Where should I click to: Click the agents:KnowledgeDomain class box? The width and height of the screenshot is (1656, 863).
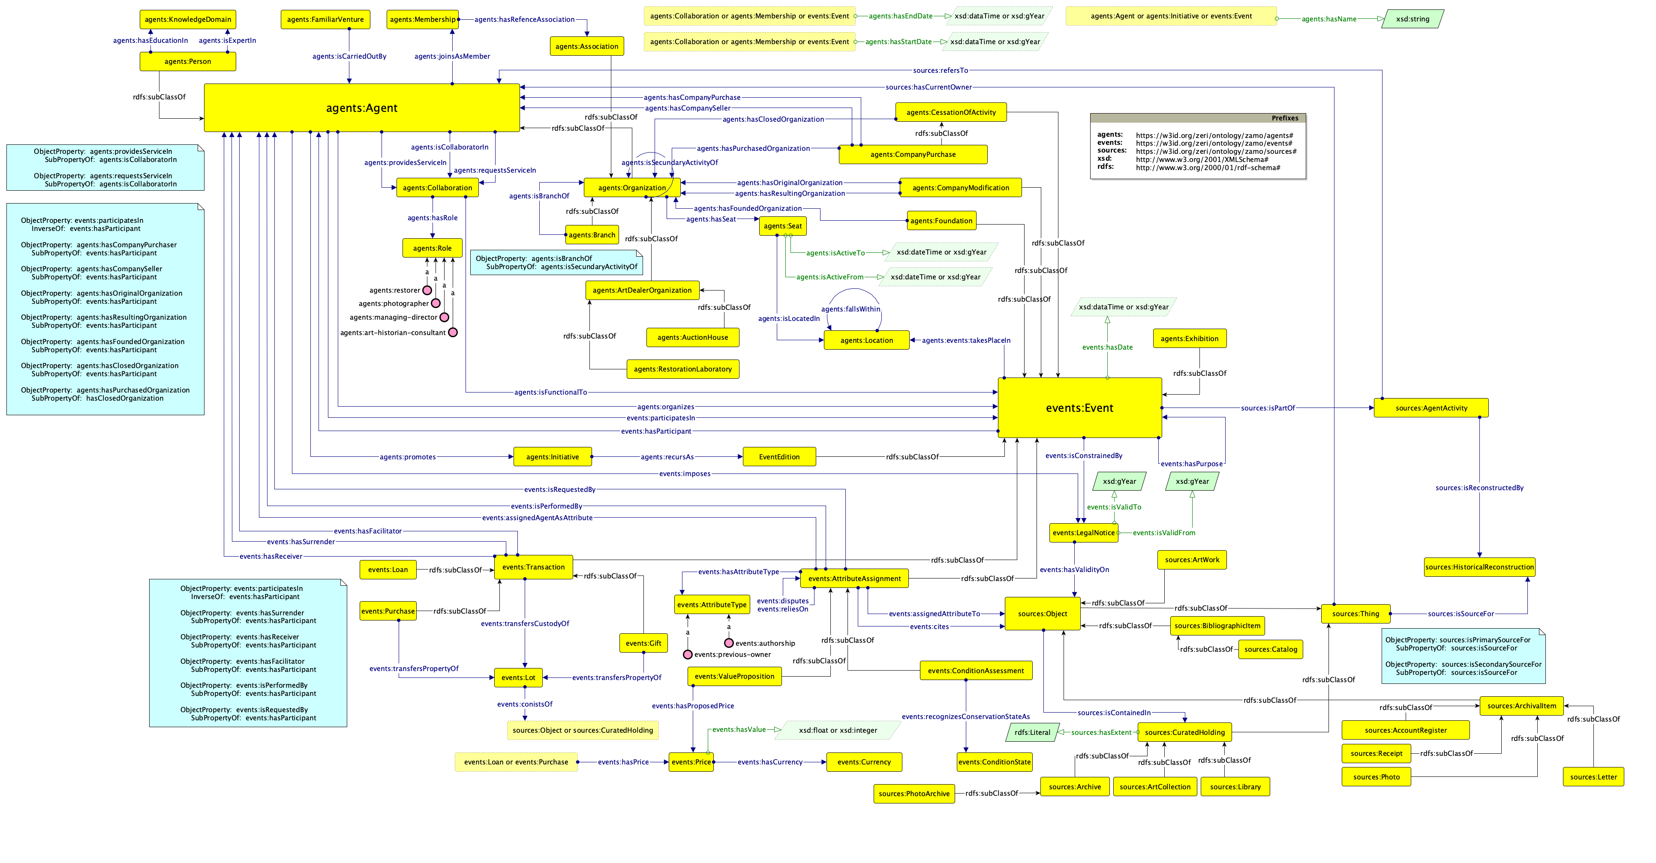[188, 19]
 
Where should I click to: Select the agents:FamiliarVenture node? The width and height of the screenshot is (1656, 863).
[325, 19]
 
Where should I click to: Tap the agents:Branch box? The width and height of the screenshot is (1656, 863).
[592, 235]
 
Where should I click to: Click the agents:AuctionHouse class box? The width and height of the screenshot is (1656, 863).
[692, 337]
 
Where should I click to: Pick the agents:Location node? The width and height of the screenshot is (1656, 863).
[866, 341]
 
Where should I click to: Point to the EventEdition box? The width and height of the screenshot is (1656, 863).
[779, 457]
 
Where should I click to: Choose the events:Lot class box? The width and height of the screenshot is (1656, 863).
[518, 677]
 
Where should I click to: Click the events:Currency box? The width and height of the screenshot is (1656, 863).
[864, 762]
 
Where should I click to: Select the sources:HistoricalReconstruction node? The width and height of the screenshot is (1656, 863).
[1479, 567]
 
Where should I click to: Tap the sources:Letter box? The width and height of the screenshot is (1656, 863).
[1593, 777]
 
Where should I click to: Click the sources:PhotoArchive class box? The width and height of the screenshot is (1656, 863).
[914, 794]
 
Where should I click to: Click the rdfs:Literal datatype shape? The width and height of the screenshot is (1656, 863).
[1032, 733]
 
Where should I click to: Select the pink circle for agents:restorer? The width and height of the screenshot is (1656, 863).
[427, 291]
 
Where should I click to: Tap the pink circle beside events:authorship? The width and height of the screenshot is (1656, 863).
[728, 643]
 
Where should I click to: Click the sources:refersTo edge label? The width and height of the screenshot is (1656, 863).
[940, 71]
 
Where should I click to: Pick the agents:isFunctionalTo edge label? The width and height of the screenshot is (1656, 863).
[550, 392]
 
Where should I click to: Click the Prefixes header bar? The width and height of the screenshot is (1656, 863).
[1198, 118]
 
